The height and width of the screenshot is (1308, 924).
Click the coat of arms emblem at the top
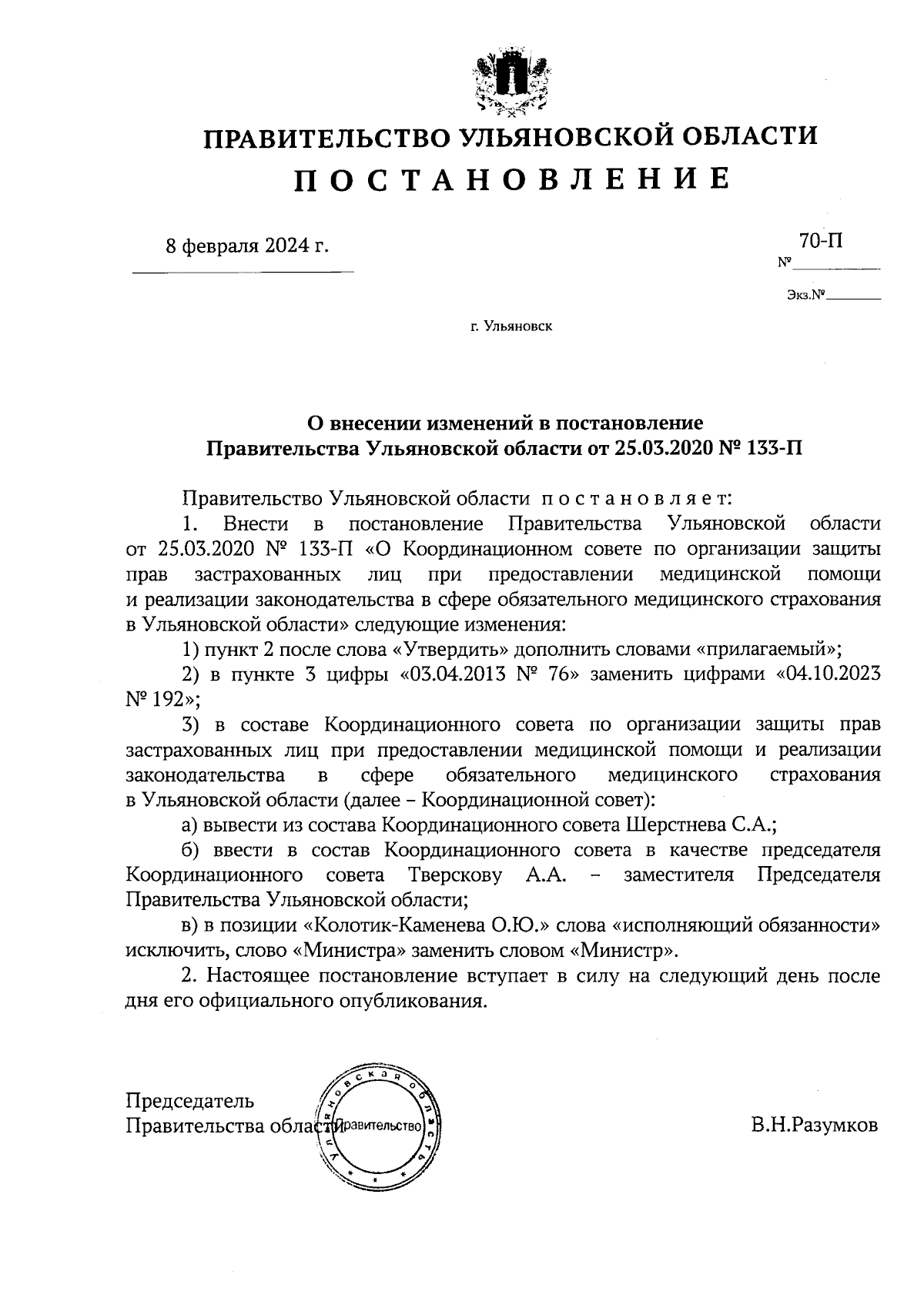click(509, 80)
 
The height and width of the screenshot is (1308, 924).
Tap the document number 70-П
click(820, 241)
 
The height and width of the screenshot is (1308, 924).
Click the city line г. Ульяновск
click(511, 326)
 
